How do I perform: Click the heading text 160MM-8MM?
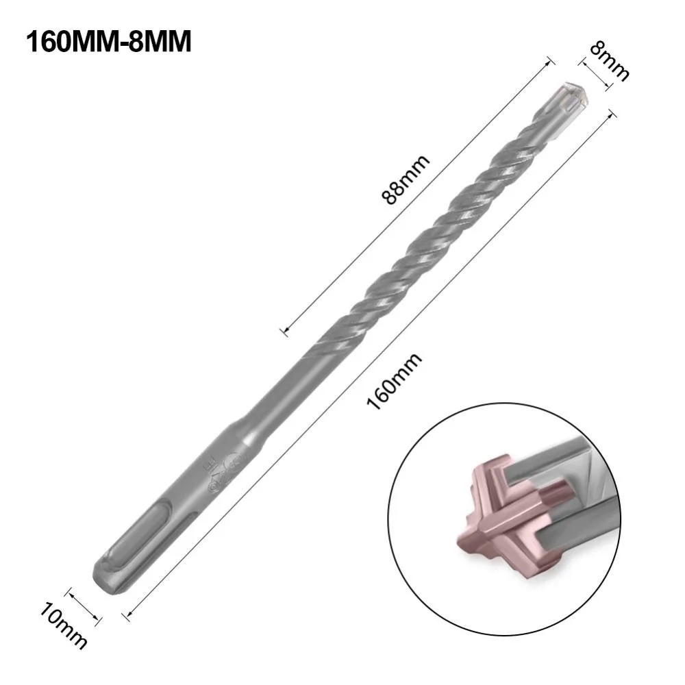click(108, 41)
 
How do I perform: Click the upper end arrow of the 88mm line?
click(549, 60)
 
